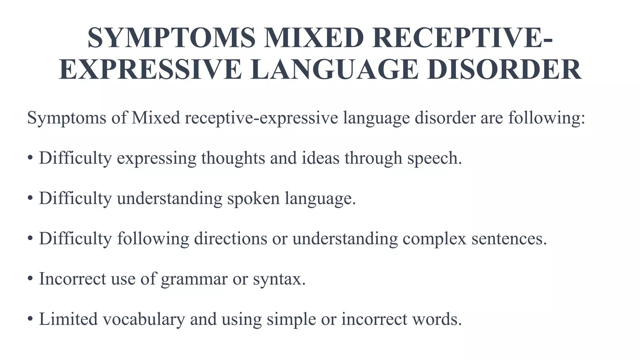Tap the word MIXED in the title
click(x=313, y=38)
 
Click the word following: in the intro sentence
click(x=546, y=118)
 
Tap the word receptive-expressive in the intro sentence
click(x=261, y=118)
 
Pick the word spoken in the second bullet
click(x=253, y=198)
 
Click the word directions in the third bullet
click(x=231, y=238)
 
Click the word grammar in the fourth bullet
click(x=194, y=279)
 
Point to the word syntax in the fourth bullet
click(x=277, y=279)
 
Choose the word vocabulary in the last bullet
click(x=144, y=319)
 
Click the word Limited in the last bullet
click(x=68, y=319)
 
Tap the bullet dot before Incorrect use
click(x=30, y=279)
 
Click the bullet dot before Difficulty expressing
click(x=30, y=158)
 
